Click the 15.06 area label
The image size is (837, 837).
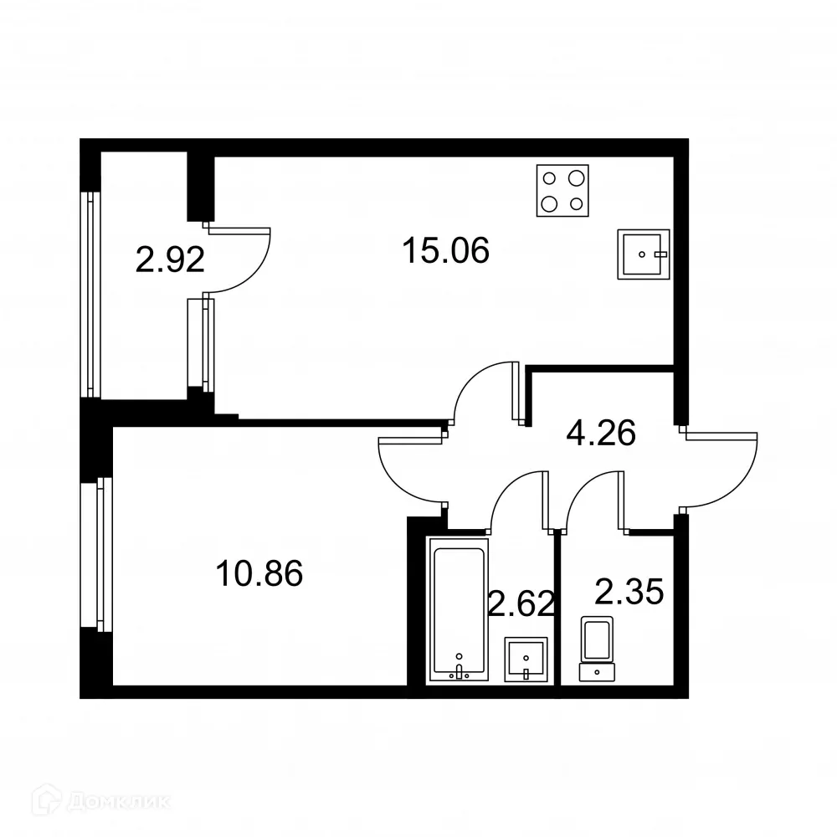[445, 249]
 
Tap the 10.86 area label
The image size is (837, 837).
[259, 574]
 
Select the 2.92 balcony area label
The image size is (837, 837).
[170, 260]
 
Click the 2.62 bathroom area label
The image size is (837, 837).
[521, 602]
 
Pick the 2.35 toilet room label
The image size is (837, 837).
[629, 592]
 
